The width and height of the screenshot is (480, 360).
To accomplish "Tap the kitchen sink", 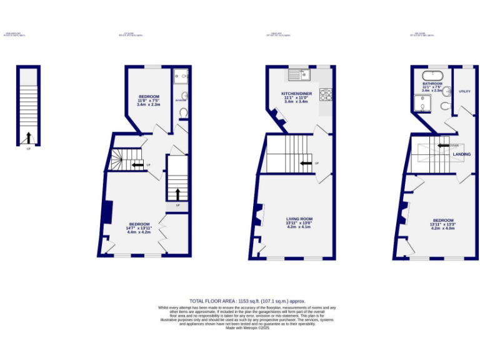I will tap(296, 76).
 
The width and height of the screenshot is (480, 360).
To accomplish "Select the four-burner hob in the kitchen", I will tap(326, 95).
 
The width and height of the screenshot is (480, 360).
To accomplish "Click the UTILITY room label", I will tap(464, 91).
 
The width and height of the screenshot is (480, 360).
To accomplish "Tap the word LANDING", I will tap(462, 154).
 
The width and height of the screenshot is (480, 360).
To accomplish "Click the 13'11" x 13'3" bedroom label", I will tap(442, 224).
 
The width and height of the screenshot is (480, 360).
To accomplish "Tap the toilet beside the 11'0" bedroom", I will tap(183, 112).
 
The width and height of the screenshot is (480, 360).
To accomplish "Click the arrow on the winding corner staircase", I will tap(135, 165).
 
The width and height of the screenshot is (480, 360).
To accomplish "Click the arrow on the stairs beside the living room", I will tap(306, 164).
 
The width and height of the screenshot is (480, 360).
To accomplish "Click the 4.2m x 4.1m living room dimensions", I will tap(299, 227).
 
